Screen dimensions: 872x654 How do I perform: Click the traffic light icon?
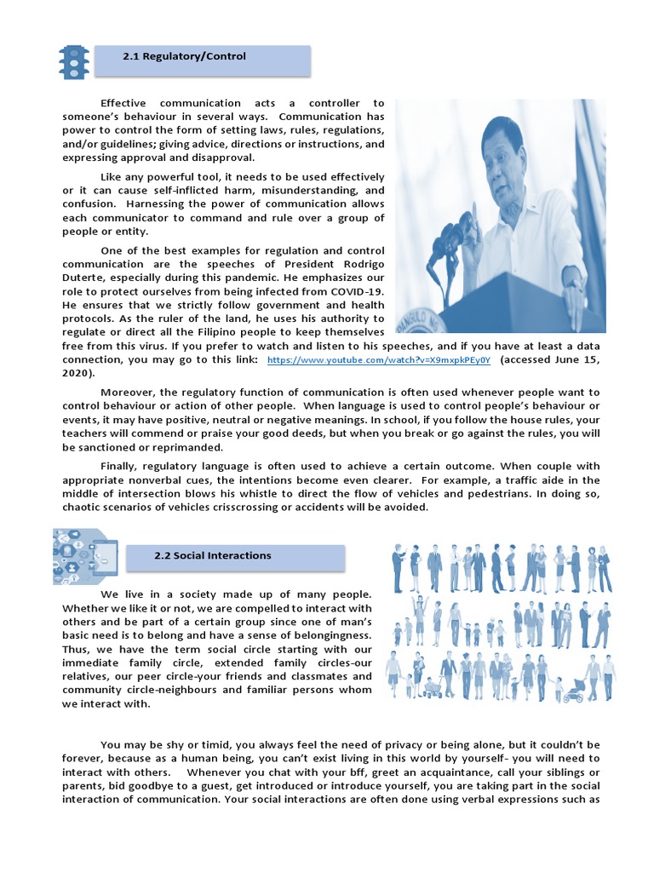tap(73, 61)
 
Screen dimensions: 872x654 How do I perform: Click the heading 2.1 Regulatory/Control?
tap(184, 57)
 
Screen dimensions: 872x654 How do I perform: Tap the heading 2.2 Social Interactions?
tap(212, 556)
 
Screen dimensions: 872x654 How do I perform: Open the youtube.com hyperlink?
tap(379, 360)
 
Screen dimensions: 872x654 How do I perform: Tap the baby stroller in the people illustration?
tap(574, 689)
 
